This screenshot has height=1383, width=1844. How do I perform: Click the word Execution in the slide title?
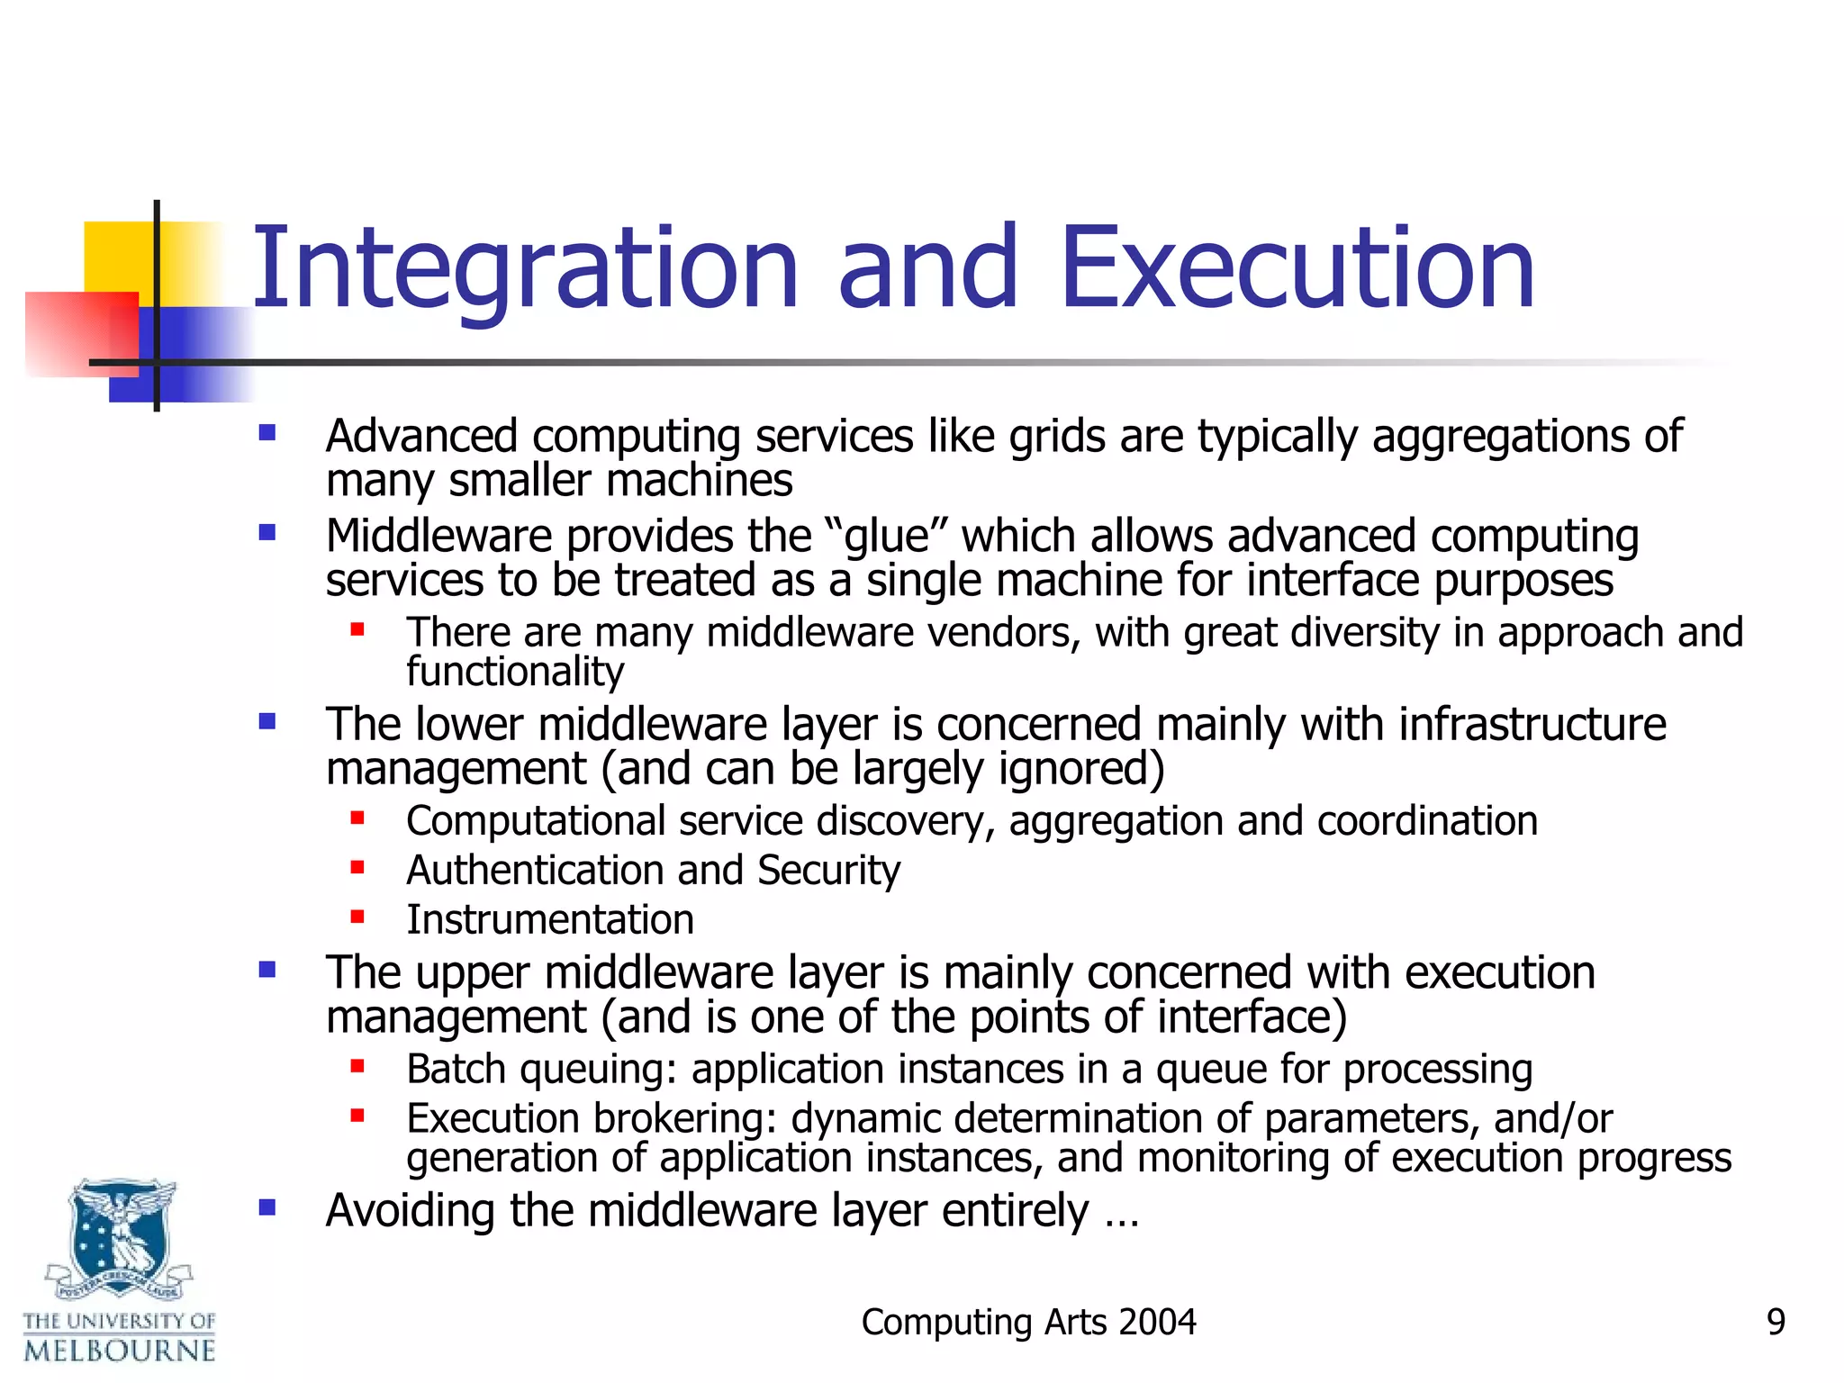(x=1297, y=268)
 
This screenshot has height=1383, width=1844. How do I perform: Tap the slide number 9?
(x=1776, y=1322)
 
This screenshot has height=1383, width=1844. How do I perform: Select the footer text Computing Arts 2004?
(x=1028, y=1322)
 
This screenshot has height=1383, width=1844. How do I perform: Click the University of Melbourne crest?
(x=120, y=1238)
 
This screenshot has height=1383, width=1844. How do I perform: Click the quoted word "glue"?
(x=886, y=537)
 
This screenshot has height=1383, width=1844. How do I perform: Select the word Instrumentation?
(x=550, y=920)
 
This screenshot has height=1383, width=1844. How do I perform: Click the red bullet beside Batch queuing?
(x=357, y=1067)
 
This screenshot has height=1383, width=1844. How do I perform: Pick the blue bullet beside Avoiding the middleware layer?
(x=267, y=1207)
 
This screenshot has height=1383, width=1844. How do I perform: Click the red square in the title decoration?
(x=81, y=333)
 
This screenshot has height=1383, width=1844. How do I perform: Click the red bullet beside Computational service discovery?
(x=357, y=818)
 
